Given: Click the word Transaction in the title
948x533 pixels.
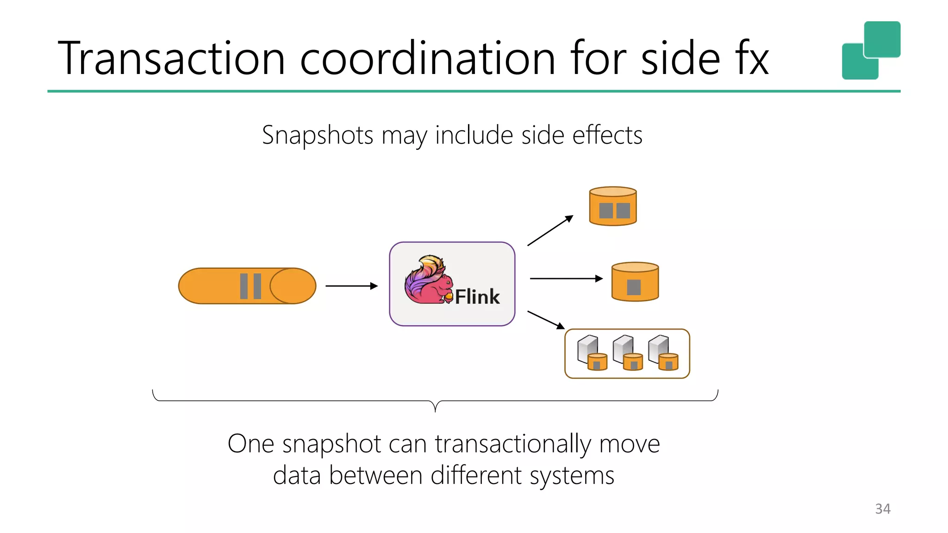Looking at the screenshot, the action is point(171,58).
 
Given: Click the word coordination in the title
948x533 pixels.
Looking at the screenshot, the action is point(428,58).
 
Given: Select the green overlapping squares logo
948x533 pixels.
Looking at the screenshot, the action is point(871,50).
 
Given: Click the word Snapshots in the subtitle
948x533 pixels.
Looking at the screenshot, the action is point(318,135).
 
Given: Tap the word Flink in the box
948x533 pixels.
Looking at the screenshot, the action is point(477,297).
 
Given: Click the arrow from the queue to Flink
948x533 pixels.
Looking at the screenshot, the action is point(351,286).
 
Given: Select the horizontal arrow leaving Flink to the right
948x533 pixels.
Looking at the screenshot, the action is point(566,279).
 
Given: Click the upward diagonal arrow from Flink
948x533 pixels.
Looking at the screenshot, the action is point(550,230).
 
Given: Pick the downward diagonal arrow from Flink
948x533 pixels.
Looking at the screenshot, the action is point(546,320).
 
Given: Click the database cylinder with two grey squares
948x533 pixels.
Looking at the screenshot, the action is point(613,206).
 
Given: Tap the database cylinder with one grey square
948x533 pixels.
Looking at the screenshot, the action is point(635,282).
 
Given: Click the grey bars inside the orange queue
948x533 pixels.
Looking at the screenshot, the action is point(250,286).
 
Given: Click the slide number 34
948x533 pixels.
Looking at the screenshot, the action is point(883,509).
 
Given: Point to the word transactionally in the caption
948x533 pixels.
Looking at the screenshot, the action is point(513,444).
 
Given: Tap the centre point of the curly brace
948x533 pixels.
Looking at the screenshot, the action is point(435,406).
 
